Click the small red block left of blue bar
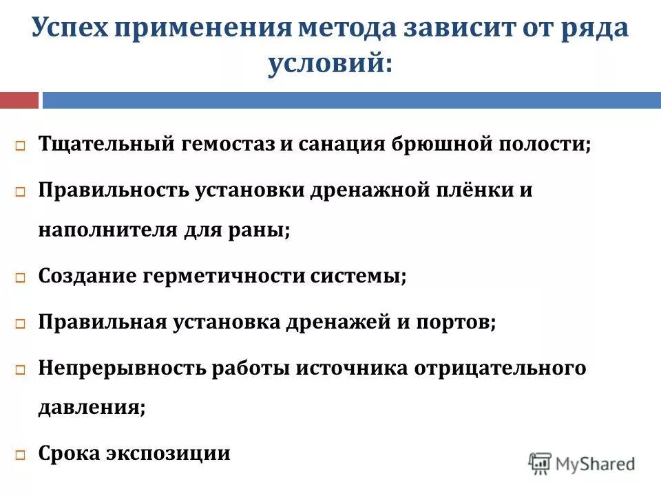(19, 100)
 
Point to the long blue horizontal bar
(351, 100)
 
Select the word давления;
(92, 407)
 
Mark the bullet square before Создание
(21, 278)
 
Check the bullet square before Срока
(21, 455)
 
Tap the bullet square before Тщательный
(21, 147)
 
